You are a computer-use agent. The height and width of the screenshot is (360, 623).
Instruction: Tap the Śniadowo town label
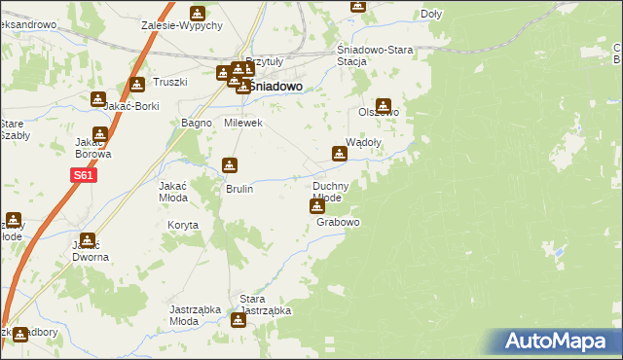tap(275, 86)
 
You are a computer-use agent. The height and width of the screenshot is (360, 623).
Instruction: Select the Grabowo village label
tap(339, 223)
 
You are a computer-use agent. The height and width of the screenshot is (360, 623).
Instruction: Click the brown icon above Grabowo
tap(317, 206)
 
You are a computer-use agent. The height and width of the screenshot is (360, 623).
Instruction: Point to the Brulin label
tap(239, 189)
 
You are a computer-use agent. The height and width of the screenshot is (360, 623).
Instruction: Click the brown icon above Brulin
tap(230, 165)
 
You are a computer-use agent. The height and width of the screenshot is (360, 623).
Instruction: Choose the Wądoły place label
tap(363, 141)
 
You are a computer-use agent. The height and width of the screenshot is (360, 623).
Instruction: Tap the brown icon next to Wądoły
tap(339, 153)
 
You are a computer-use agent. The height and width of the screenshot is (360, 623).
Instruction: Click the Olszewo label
tap(379, 112)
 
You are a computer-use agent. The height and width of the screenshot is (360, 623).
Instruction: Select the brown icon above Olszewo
tap(385, 106)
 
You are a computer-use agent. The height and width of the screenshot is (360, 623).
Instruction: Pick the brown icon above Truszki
tap(136, 85)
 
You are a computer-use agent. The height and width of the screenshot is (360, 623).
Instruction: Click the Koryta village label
tap(182, 225)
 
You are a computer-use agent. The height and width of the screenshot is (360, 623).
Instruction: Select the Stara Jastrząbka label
tap(266, 305)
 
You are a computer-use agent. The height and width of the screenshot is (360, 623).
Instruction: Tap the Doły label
tap(431, 15)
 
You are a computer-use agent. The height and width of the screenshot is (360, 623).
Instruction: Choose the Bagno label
tap(197, 124)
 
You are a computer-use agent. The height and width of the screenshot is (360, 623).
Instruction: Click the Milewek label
tap(243, 124)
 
